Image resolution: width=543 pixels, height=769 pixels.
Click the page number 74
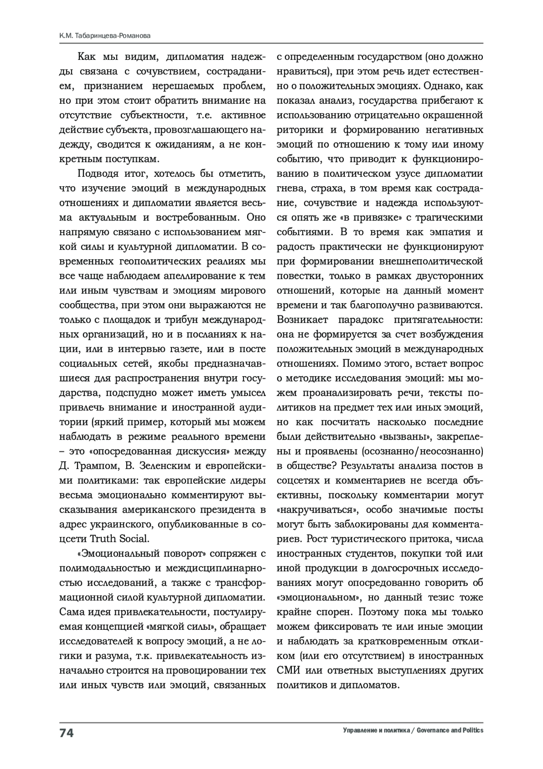67,733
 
